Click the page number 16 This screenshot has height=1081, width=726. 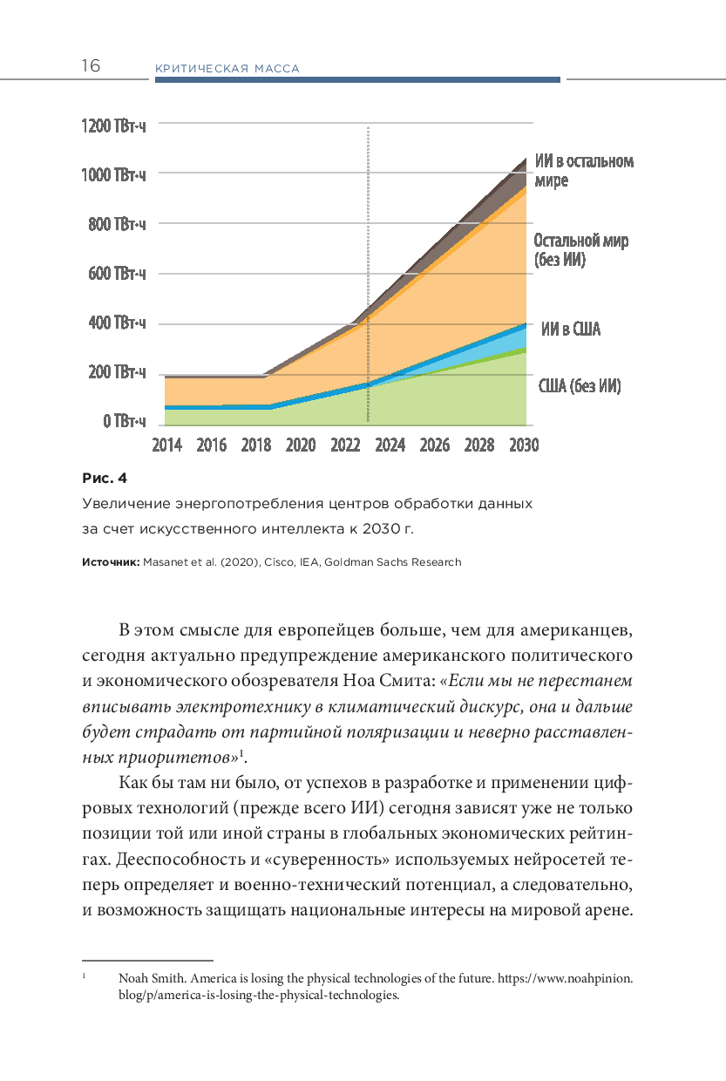tap(91, 66)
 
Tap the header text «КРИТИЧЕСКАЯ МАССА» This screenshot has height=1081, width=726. tap(227, 69)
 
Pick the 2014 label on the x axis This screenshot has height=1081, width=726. tap(166, 445)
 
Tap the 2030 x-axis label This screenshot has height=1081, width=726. tap(524, 445)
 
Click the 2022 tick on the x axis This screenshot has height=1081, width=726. tap(345, 445)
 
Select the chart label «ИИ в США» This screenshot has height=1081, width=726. tap(570, 330)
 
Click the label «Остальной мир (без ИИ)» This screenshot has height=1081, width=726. tap(580, 250)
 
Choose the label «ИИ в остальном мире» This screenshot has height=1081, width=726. tap(584, 171)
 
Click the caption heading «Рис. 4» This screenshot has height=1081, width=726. tap(105, 478)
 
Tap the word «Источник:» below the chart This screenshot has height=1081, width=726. tap(110, 562)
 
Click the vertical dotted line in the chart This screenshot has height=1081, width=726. tap(368, 262)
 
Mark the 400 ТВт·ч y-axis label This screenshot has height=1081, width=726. tap(117, 323)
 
